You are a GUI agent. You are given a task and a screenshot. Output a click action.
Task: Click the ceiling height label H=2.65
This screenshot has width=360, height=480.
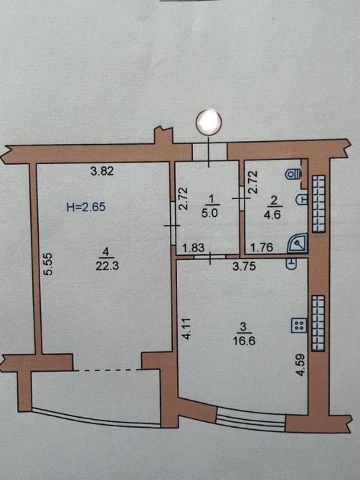click(x=86, y=207)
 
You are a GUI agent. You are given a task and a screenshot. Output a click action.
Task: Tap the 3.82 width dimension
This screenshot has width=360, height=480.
click(x=103, y=171)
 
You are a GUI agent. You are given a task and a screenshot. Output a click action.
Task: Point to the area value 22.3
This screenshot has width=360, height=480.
click(x=107, y=266)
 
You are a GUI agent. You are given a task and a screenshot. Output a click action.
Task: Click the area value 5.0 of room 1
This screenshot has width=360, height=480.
click(x=209, y=213)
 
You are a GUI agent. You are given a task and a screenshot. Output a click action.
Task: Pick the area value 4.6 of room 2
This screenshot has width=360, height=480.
click(x=272, y=214)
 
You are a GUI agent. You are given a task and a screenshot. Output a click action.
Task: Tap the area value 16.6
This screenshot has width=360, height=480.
click(x=245, y=341)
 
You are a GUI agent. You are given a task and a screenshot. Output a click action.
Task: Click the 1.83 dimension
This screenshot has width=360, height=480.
click(x=194, y=247)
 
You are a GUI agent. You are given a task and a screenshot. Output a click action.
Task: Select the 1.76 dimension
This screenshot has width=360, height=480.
click(x=262, y=247)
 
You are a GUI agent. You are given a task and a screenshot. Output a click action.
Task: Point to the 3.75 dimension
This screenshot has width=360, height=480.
click(x=244, y=267)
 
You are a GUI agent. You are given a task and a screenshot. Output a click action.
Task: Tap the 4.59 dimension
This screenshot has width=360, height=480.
click(x=300, y=365)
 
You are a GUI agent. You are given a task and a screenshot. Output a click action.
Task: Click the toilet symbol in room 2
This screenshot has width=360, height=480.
click(x=293, y=175)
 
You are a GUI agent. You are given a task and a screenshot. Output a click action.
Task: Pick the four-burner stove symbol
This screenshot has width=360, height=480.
click(x=298, y=325)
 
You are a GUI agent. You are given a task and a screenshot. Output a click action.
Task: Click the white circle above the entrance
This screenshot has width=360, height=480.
click(x=209, y=122)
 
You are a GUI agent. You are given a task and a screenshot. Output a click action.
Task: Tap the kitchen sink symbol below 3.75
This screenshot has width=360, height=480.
click(x=292, y=264)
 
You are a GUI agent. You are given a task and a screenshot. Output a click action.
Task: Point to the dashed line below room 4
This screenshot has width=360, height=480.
click(x=108, y=370)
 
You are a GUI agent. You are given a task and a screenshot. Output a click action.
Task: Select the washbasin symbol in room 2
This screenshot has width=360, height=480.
click(x=301, y=199)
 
